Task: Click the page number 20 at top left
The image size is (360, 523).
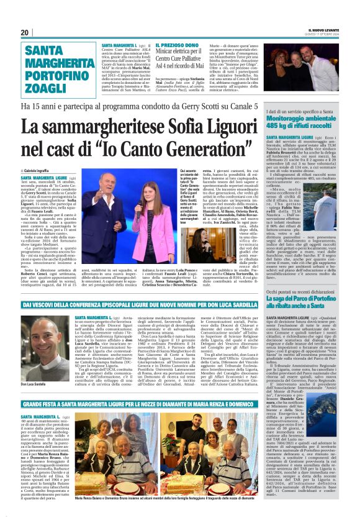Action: coord(25,33)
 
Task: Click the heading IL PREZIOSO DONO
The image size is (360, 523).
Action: coord(177,45)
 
